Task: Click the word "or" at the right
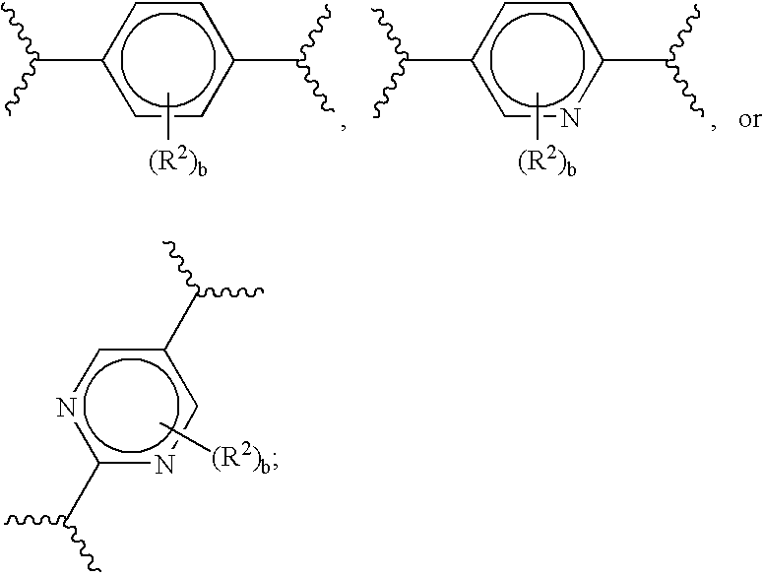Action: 749,120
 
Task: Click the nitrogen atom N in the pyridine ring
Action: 570,118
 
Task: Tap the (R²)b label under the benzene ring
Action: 177,161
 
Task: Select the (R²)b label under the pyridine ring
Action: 546,161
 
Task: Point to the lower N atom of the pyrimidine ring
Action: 164,464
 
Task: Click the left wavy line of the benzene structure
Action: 24,60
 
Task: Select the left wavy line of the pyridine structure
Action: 392,60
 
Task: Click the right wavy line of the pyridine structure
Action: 685,60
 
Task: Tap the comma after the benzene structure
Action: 344,126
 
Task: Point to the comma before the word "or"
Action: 714,126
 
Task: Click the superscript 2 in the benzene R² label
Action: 179,155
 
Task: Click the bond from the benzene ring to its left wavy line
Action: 71,60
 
